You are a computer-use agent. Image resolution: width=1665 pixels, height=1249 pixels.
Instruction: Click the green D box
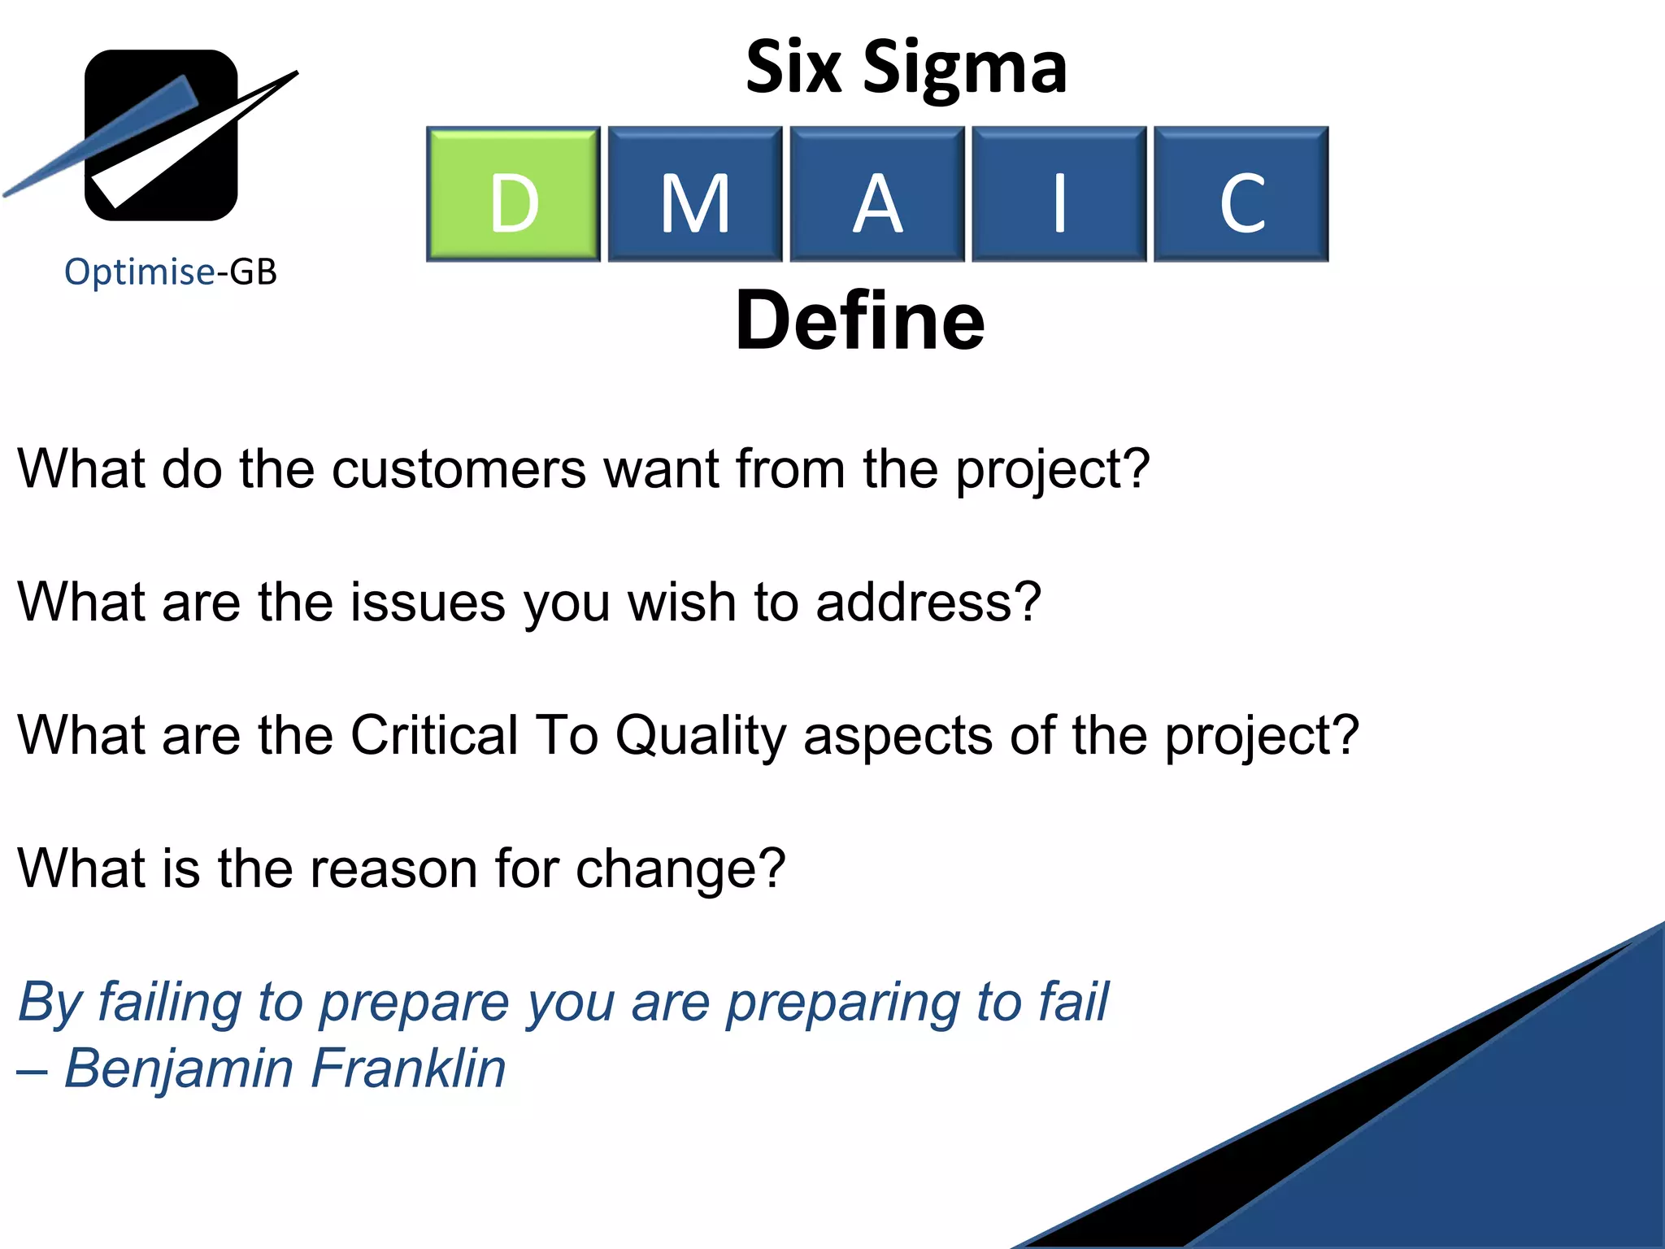(x=513, y=194)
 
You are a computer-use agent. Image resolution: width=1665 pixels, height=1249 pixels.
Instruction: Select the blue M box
(x=695, y=194)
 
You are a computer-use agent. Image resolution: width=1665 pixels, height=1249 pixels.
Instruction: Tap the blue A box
(x=877, y=194)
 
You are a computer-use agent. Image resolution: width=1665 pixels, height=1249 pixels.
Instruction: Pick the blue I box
(x=1059, y=194)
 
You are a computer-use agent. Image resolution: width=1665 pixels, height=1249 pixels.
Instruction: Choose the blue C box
(x=1241, y=194)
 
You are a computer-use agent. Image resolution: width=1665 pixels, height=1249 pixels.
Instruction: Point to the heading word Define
(x=860, y=321)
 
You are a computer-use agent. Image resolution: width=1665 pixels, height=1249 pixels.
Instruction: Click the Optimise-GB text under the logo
(x=171, y=272)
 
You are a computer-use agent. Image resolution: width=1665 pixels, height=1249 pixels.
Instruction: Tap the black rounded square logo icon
(x=162, y=135)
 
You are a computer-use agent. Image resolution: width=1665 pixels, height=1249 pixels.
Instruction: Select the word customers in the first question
(x=459, y=469)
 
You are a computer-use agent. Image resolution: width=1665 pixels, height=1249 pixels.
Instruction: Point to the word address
(x=927, y=603)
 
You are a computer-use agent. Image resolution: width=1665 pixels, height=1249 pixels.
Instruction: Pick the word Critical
(x=434, y=735)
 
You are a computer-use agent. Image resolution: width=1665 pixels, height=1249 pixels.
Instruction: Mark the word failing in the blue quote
(x=169, y=1003)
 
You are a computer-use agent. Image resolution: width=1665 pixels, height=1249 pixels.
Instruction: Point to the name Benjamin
(x=178, y=1069)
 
